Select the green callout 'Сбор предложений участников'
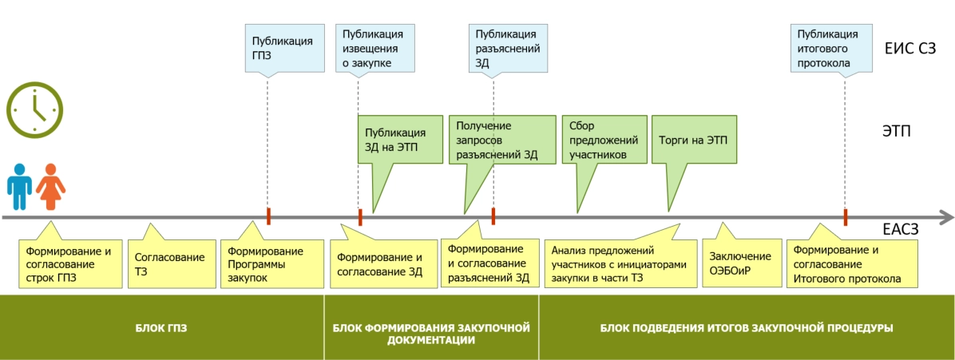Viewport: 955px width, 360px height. click(x=600, y=139)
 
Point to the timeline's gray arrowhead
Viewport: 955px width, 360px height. click(x=944, y=216)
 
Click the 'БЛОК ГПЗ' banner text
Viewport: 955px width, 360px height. click(x=161, y=327)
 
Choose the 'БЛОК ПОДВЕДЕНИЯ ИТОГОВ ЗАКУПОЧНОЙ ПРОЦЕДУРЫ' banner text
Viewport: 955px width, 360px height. click(x=746, y=327)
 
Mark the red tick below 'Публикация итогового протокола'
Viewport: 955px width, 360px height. click(x=845, y=216)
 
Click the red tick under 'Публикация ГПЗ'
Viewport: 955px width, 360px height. click(x=269, y=216)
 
